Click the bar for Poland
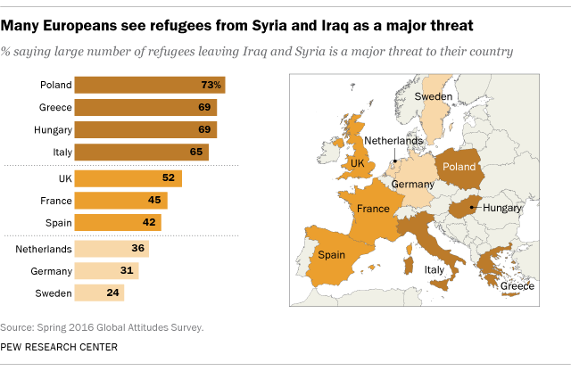[149, 86]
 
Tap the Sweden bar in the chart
[99, 292]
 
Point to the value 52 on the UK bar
[167, 178]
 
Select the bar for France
[120, 200]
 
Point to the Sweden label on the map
[435, 96]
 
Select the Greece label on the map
[517, 285]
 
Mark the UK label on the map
[358, 164]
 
